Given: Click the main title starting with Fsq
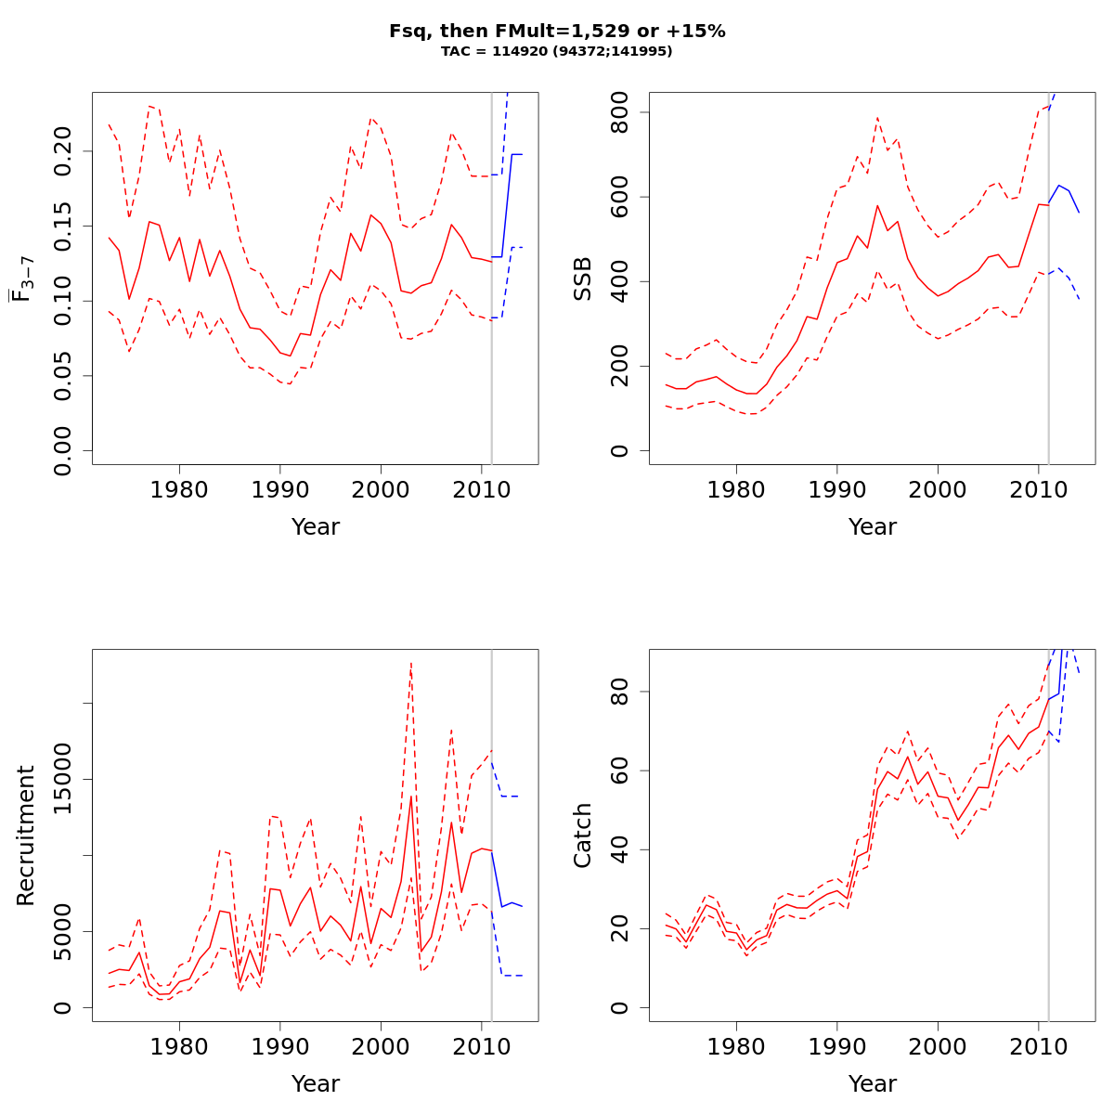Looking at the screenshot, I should click(x=557, y=32).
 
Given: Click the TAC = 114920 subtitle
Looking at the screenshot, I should click(x=557, y=52).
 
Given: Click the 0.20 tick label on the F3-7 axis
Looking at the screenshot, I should click(x=63, y=151).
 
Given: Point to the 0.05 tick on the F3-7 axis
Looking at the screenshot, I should click(x=63, y=376).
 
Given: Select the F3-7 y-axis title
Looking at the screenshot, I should click(x=24, y=278).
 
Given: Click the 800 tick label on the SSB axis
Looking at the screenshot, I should click(x=620, y=112).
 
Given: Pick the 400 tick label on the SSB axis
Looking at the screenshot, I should click(x=620, y=281).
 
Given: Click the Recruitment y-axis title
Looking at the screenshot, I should click(x=25, y=835).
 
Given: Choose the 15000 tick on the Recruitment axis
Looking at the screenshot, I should click(x=63, y=779).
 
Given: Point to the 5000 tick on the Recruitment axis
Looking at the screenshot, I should click(x=63, y=931).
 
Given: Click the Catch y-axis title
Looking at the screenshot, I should click(x=582, y=835).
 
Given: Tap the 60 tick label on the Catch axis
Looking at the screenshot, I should click(x=620, y=771).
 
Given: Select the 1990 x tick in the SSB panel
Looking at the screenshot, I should click(x=837, y=488).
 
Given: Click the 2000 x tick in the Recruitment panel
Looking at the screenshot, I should click(x=381, y=1045).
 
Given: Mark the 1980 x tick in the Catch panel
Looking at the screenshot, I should click(x=736, y=1045).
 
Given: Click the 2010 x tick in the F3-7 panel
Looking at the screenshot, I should click(x=482, y=488).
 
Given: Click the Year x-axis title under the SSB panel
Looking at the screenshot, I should click(x=873, y=527).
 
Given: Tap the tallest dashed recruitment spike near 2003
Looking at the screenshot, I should click(x=410, y=663).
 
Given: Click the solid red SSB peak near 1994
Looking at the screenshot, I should click(x=877, y=205).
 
